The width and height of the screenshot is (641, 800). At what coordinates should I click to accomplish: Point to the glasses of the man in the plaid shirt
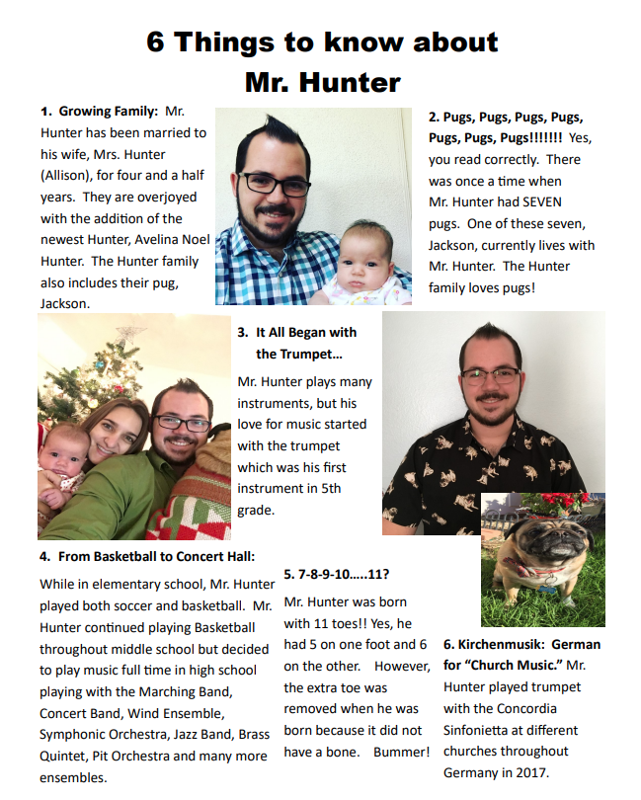[275, 185]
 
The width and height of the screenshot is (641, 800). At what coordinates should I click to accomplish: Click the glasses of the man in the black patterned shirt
[491, 375]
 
